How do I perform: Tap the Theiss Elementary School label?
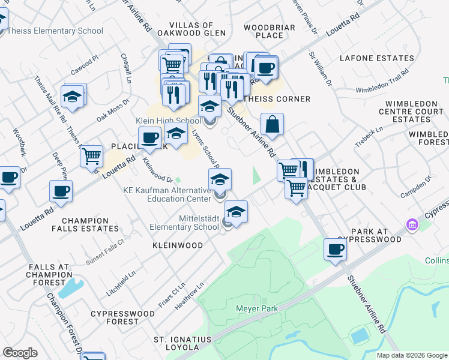[x=60, y=31]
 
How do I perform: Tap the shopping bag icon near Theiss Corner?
[x=272, y=124]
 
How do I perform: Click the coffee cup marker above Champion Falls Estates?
[x=61, y=191]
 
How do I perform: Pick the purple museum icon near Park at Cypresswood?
[x=412, y=226]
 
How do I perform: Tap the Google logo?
[x=20, y=353]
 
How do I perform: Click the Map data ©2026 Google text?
[x=412, y=355]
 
